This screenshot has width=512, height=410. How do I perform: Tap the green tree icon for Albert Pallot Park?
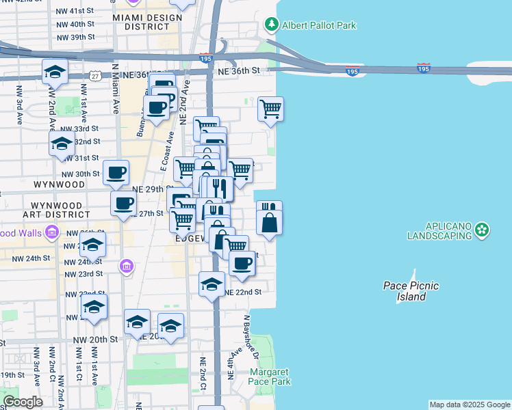pyautogui.click(x=272, y=25)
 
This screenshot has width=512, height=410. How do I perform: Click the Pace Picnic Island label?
pyautogui.click(x=411, y=291)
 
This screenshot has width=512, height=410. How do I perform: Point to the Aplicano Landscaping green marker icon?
pyautogui.click(x=483, y=230)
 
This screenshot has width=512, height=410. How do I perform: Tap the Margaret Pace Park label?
pyautogui.click(x=270, y=377)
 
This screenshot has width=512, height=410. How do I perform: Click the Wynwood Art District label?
pyautogui.click(x=57, y=210)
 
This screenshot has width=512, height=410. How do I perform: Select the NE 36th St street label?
pyautogui.click(x=240, y=70)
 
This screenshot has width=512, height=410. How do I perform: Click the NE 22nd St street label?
pyautogui.click(x=244, y=292)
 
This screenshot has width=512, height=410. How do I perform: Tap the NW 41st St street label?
pyautogui.click(x=76, y=12)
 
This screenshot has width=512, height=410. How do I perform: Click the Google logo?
pyautogui.click(x=23, y=402)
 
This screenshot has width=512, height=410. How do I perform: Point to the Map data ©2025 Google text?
pyautogui.click(x=470, y=405)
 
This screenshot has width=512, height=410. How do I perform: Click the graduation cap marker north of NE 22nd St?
pyautogui.click(x=212, y=284)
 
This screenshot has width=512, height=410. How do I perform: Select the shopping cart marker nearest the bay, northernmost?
pyautogui.click(x=271, y=109)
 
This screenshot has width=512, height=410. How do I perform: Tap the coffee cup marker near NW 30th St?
pyautogui.click(x=116, y=172)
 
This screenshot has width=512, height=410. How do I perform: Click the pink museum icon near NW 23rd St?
pyautogui.click(x=126, y=266)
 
